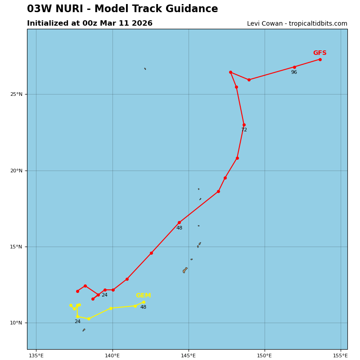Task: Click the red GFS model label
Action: [x=319, y=53]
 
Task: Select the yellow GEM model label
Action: [x=143, y=296]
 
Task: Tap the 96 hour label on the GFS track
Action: [x=294, y=72]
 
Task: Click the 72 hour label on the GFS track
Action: [x=244, y=130]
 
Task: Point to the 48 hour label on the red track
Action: [x=179, y=228]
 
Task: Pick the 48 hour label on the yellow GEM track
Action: [x=143, y=307]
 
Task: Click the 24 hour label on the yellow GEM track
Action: [x=77, y=322]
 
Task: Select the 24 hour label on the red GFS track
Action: [x=104, y=295]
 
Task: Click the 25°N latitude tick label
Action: [x=16, y=94]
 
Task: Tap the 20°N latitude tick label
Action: [x=16, y=171]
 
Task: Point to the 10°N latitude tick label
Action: [x=16, y=323]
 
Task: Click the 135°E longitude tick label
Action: [x=36, y=356]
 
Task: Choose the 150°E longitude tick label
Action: [x=265, y=356]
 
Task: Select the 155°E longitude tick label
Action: [x=341, y=356]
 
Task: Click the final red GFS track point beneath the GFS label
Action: [x=320, y=59]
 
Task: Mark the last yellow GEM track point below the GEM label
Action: [x=144, y=302]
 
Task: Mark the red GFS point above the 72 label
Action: [x=244, y=125]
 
